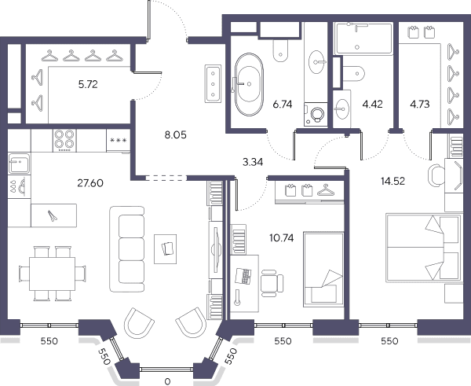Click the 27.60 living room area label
pyautogui.click(x=90, y=183)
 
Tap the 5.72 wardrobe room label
pyautogui.click(x=88, y=85)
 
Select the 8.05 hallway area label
pyautogui.click(x=175, y=135)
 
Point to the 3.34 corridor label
pyautogui.click(x=253, y=162)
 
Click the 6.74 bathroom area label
pyautogui.click(x=283, y=105)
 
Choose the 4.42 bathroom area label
pyautogui.click(x=372, y=105)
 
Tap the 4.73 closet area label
pyautogui.click(x=420, y=105)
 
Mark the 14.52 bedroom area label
pyautogui.click(x=393, y=182)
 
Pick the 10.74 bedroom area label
pyautogui.click(x=282, y=238)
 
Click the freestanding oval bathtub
pyautogui.click(x=249, y=84)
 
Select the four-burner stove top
pyautogui.click(x=64, y=141)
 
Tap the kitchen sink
pyautogui.click(x=19, y=163)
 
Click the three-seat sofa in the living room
pyautogui.click(x=126, y=249)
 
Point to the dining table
pyautogui.click(x=52, y=274)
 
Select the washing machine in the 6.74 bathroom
pyautogui.click(x=316, y=114)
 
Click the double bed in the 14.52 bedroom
pyautogui.click(x=424, y=248)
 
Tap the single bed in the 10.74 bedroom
pyautogui.click(x=323, y=270)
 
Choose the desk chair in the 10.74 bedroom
pyautogui.click(x=272, y=283)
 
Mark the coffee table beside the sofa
pyautogui.click(x=165, y=249)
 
